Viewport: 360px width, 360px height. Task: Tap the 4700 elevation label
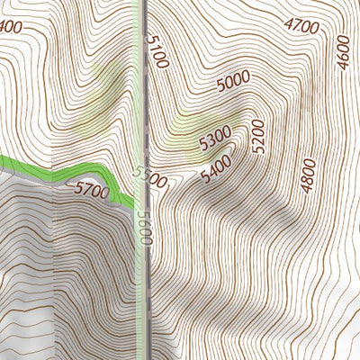pyautogui.click(x=301, y=27)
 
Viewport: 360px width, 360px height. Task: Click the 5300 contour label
pyautogui.click(x=214, y=139)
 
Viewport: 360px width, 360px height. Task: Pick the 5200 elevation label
pyautogui.click(x=259, y=136)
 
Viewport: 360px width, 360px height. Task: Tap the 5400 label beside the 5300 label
pyautogui.click(x=217, y=168)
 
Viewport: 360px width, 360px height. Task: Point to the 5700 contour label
pyautogui.click(x=91, y=191)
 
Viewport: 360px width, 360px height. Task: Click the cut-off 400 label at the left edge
pyautogui.click(x=10, y=27)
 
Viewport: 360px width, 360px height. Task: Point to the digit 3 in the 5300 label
pyautogui.click(x=209, y=142)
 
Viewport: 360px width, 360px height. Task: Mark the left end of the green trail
pyautogui.click(x=3, y=161)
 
